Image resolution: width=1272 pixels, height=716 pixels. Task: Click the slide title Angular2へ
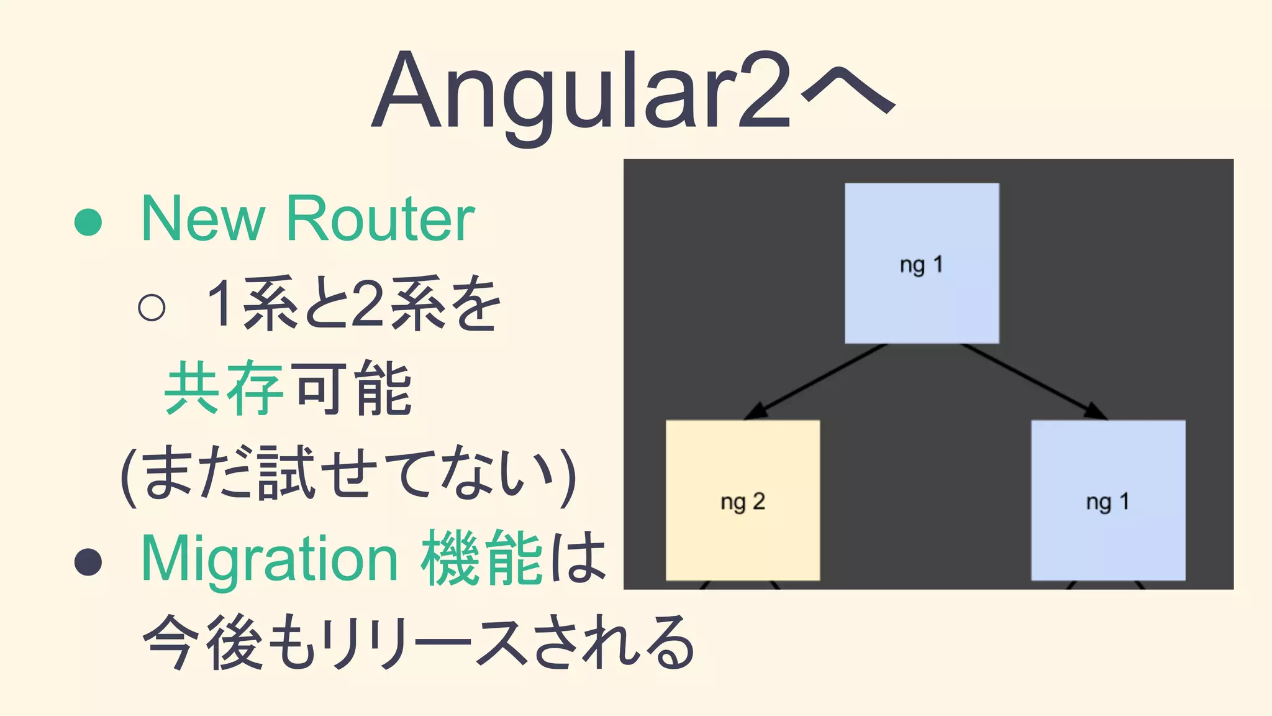click(x=634, y=93)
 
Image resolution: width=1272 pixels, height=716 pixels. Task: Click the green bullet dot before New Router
click(x=88, y=222)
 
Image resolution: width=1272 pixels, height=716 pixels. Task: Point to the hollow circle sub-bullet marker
click(x=152, y=307)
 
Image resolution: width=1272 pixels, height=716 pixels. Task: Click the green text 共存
click(x=224, y=388)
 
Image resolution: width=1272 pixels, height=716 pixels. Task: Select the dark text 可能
click(x=353, y=388)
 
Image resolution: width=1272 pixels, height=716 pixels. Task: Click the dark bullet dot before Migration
click(x=88, y=562)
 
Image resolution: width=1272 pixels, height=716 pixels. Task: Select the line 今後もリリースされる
click(x=419, y=643)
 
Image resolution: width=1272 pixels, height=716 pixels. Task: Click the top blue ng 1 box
click(x=922, y=263)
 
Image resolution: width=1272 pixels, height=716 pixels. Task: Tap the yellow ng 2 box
click(x=743, y=500)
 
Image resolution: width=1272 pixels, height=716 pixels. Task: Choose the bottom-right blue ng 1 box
click(x=1108, y=500)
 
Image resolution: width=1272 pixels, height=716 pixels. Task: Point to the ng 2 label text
click(x=743, y=502)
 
